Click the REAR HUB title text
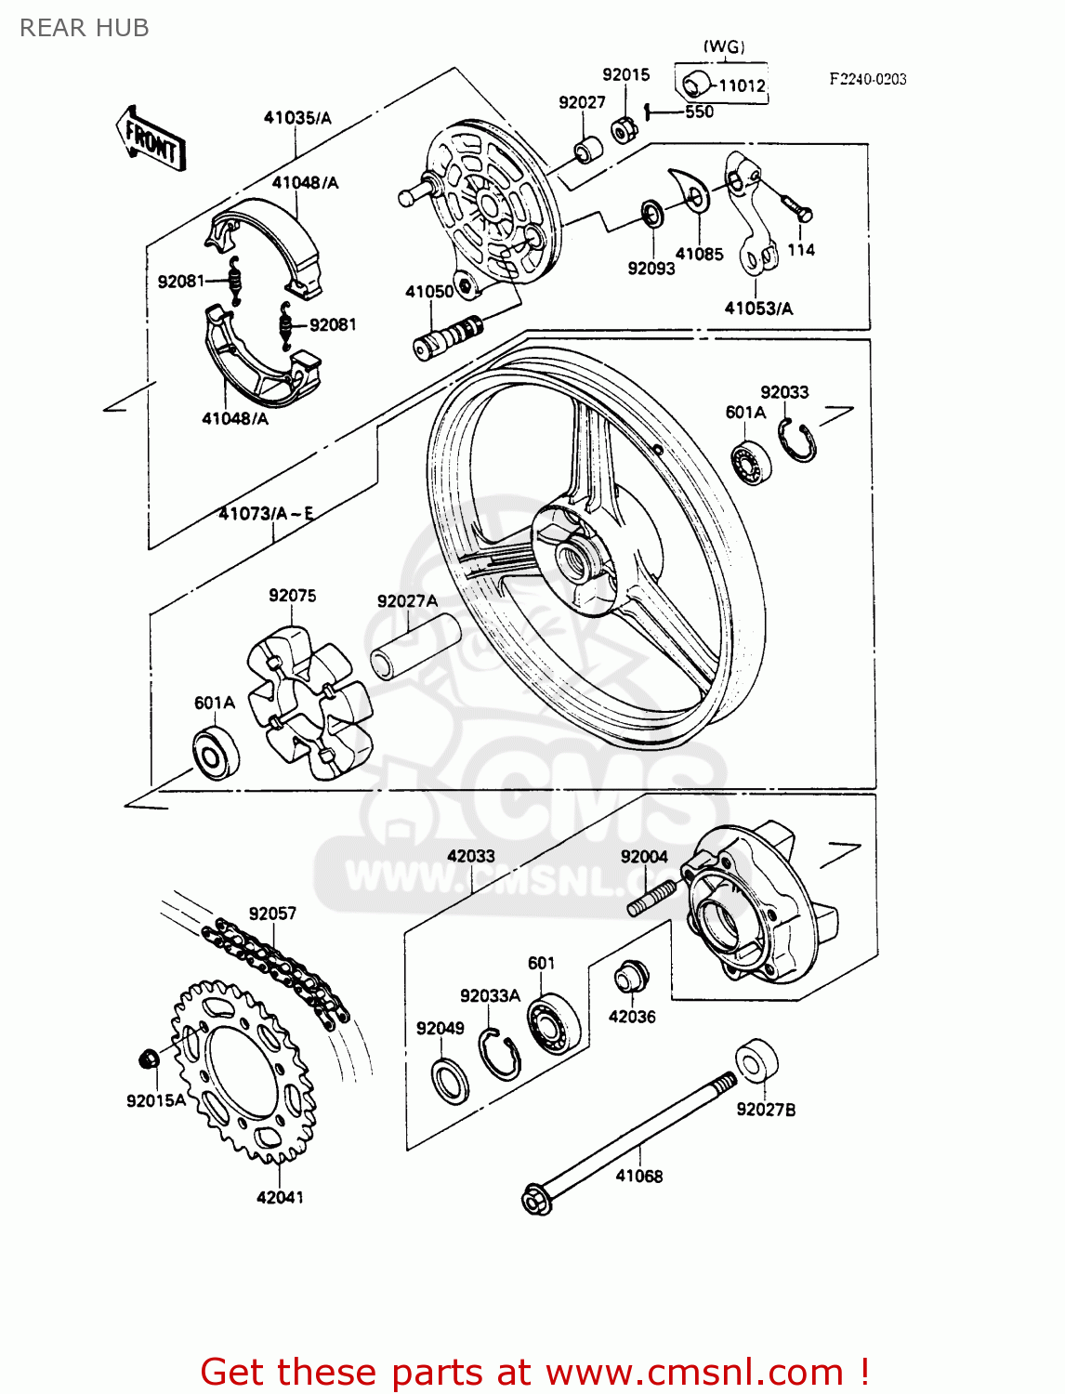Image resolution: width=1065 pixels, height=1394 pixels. click(x=85, y=28)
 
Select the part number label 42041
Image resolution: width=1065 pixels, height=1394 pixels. click(x=280, y=1197)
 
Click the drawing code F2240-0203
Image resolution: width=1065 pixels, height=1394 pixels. click(x=867, y=79)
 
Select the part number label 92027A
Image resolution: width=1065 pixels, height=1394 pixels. click(x=407, y=601)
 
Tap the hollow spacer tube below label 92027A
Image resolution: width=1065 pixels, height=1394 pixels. click(x=415, y=646)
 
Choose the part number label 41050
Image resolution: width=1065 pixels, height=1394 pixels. click(x=428, y=292)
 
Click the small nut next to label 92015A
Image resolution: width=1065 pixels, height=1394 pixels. click(x=147, y=1059)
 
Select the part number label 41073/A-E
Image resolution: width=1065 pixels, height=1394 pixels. click(x=266, y=513)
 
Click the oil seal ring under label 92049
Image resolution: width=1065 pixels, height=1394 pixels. click(x=451, y=1080)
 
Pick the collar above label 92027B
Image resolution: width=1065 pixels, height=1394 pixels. click(x=756, y=1062)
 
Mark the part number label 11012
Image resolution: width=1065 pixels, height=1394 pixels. click(x=742, y=85)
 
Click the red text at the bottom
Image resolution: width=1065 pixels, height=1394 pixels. click(x=534, y=1372)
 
